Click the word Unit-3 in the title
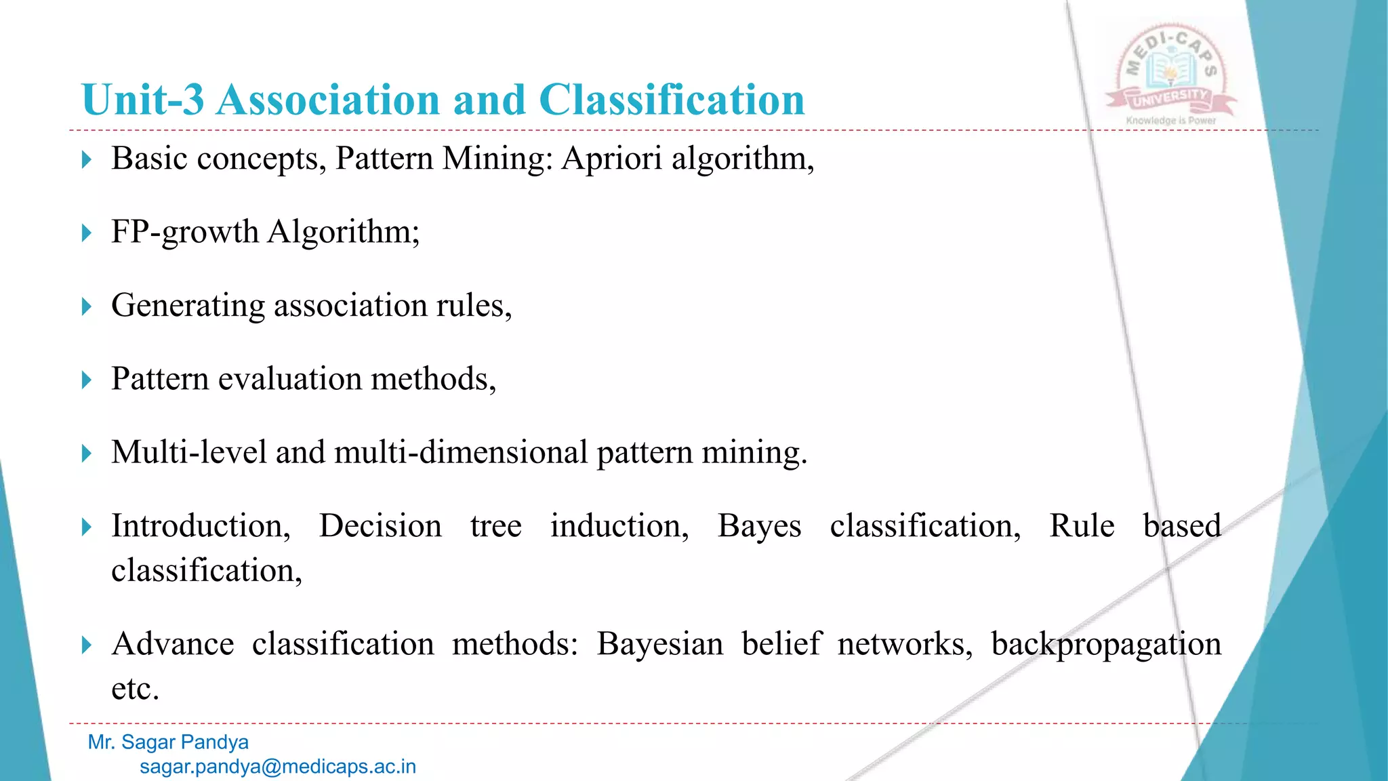tap(142, 100)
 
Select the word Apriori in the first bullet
tap(611, 159)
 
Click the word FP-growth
tap(184, 233)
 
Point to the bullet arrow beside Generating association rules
tap(86, 306)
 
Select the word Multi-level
tap(188, 452)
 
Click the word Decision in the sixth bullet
tap(380, 526)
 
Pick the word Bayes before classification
tap(759, 527)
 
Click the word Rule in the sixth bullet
tap(1082, 526)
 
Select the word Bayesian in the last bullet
tap(659, 644)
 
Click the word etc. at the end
tap(135, 689)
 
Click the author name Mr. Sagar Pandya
tap(168, 742)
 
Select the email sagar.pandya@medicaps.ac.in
tap(278, 767)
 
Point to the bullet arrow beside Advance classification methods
tap(86, 645)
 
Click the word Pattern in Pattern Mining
tap(384, 159)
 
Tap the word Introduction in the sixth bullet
tap(201, 526)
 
